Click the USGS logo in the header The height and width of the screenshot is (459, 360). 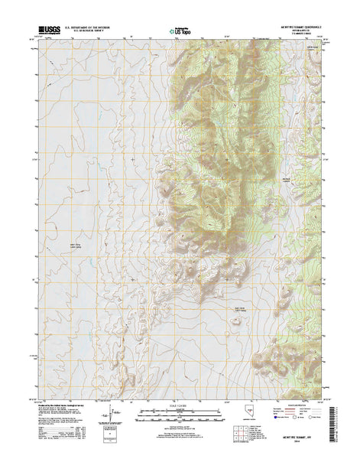click(x=48, y=30)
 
